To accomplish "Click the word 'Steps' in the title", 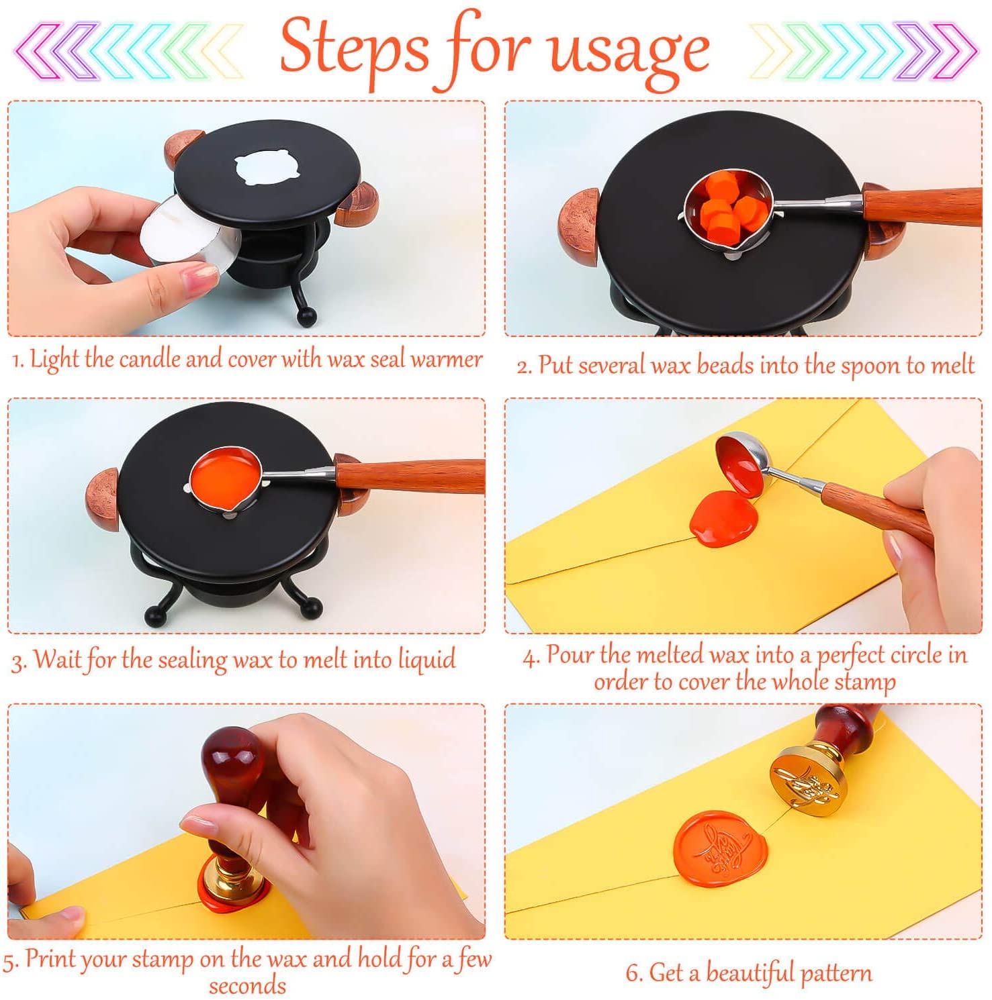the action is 353,47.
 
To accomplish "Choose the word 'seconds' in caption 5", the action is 247,985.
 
